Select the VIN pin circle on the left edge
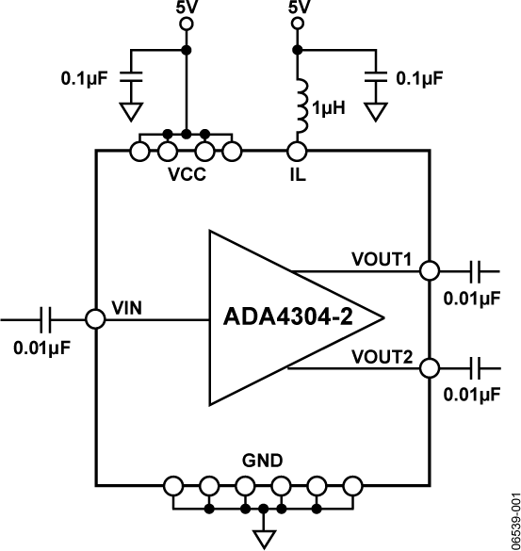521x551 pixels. tap(95, 318)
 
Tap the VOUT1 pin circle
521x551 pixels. tap(429, 270)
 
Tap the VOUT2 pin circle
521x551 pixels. tap(429, 367)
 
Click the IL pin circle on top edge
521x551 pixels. tap(297, 149)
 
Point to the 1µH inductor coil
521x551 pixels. tap(299, 107)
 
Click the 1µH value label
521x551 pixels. tap(330, 108)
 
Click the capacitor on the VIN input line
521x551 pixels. tap(44, 318)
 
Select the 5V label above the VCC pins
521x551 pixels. tap(187, 11)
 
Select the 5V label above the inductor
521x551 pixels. tap(297, 11)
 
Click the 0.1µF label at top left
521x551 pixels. tap(86, 78)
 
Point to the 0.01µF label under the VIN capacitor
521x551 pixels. tap(42, 347)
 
